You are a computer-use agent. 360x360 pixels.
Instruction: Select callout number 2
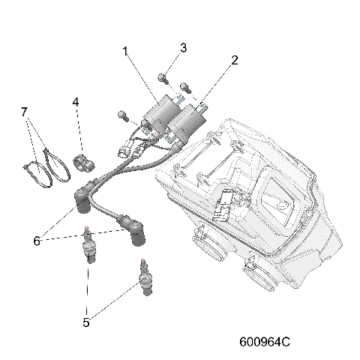click(x=235, y=59)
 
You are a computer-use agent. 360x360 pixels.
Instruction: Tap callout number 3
click(x=183, y=49)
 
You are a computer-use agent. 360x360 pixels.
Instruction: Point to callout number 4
click(x=76, y=101)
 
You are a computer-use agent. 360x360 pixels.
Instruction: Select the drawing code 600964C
click(x=264, y=342)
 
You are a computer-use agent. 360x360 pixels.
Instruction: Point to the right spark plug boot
click(x=135, y=230)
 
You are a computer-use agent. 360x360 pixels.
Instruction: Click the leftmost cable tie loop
click(x=34, y=172)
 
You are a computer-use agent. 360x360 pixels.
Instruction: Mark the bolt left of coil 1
click(x=121, y=115)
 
